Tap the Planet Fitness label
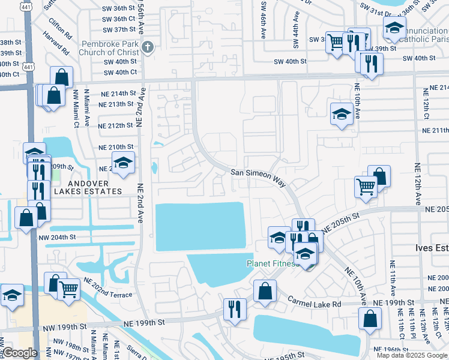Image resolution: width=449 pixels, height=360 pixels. point(272,263)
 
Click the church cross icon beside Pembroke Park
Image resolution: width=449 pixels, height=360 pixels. point(148,47)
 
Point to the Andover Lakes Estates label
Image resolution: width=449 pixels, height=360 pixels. point(88,187)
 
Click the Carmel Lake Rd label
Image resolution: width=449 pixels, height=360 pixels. point(313,304)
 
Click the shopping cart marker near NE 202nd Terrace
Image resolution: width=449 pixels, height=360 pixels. point(69,289)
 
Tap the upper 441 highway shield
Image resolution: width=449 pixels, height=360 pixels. point(26,5)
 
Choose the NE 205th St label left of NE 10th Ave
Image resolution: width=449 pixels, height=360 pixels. point(340,222)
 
